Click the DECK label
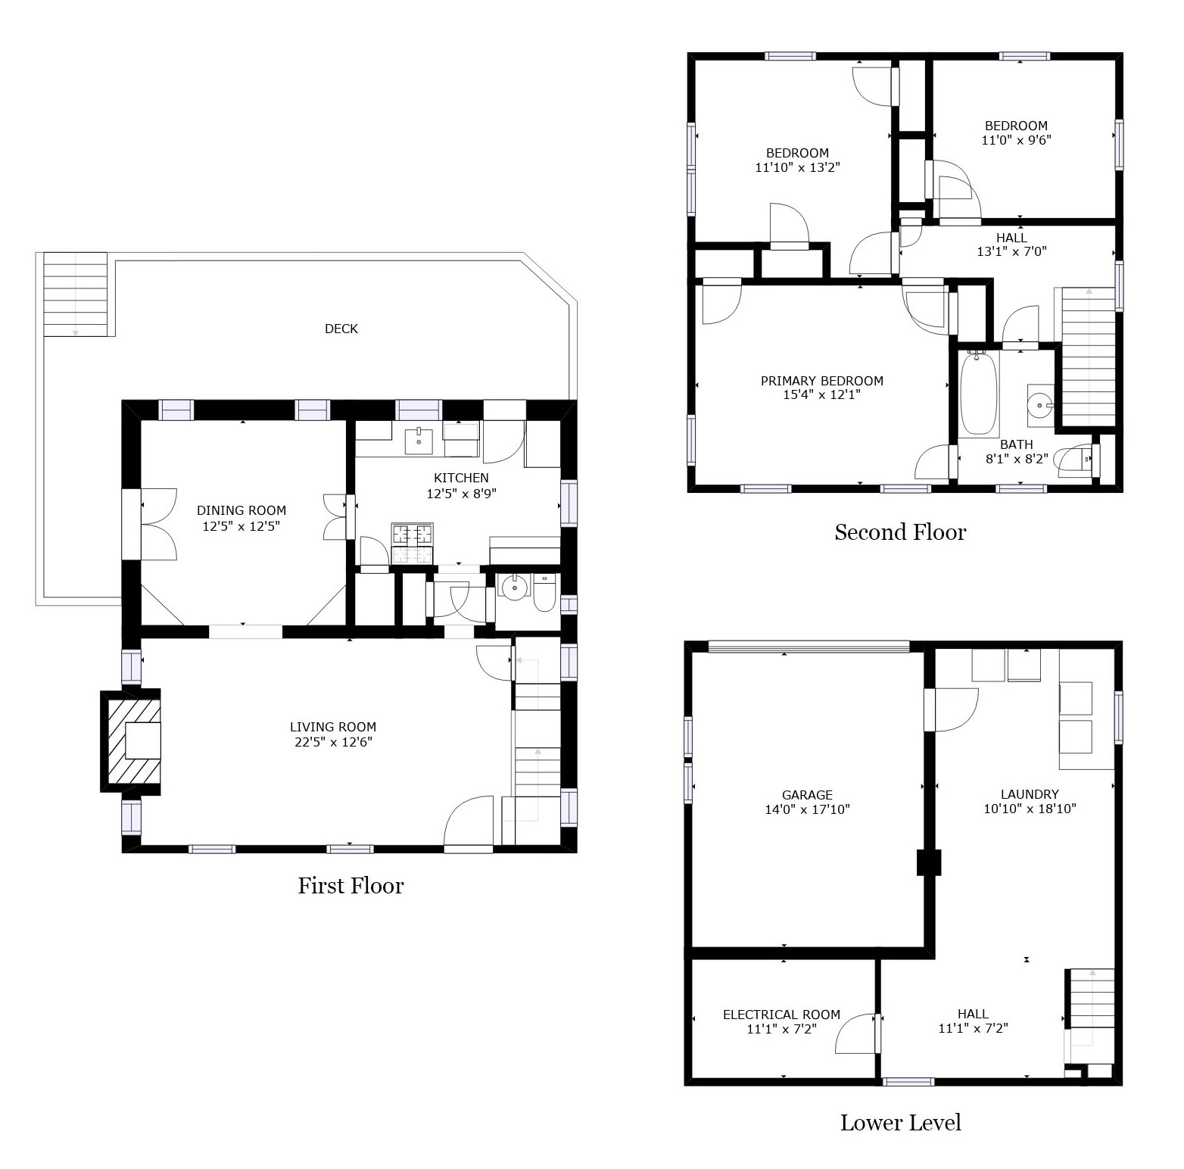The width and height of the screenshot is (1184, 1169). (341, 329)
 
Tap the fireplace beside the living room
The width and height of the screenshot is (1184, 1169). (132, 740)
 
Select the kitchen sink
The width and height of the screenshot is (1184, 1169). (418, 439)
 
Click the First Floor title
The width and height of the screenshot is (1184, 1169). (351, 885)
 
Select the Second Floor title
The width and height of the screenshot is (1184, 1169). (900, 532)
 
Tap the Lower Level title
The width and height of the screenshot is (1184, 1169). (900, 1122)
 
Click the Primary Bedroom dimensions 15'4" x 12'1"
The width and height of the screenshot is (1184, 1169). (821, 394)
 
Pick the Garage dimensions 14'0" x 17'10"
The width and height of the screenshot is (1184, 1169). (807, 809)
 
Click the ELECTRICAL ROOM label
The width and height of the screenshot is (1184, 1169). (781, 1015)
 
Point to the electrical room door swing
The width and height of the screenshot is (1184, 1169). (858, 1033)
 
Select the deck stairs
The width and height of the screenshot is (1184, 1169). (75, 295)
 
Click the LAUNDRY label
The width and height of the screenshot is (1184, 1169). (1029, 794)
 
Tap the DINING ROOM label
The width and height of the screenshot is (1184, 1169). (241, 511)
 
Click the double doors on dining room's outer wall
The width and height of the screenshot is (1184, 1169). (150, 525)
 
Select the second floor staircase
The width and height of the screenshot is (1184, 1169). (1089, 357)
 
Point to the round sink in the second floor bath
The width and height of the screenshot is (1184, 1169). (1040, 405)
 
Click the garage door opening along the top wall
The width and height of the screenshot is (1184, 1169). (809, 647)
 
